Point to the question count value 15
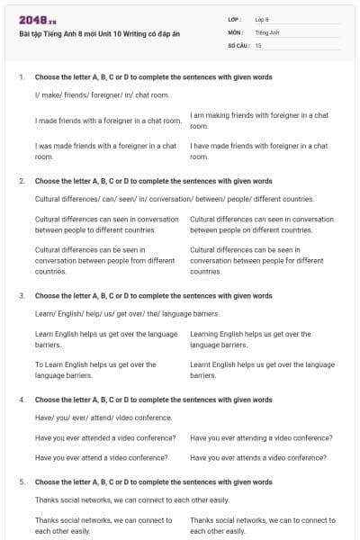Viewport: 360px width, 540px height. pyautogui.click(x=258, y=44)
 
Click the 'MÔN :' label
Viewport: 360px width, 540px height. pyautogui.click(x=236, y=31)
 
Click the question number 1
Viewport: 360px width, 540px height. pyautogui.click(x=21, y=77)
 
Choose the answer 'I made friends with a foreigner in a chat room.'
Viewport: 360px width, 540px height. pyautogui.click(x=108, y=121)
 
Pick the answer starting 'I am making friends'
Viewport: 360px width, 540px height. pyautogui.click(x=259, y=121)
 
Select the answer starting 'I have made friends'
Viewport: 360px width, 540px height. pyautogui.click(x=259, y=150)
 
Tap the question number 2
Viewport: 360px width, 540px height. pyautogui.click(x=21, y=181)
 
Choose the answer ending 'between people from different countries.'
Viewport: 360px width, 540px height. pyautogui.click(x=104, y=260)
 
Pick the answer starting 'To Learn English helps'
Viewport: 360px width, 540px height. pyautogui.click(x=95, y=370)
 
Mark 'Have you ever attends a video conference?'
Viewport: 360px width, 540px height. pyautogui.click(x=260, y=457)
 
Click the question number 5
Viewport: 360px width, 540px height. pyautogui.click(x=21, y=481)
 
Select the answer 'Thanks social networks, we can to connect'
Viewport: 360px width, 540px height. pyautogui.click(x=262, y=525)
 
